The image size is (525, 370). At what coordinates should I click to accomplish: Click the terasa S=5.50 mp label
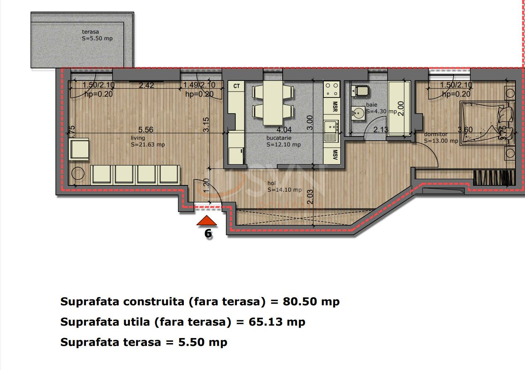(x=97, y=35)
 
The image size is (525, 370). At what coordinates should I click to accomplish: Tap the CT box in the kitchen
(x=237, y=86)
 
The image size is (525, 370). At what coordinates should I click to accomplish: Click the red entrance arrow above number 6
(x=207, y=221)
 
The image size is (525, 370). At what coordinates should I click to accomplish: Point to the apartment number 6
(x=208, y=234)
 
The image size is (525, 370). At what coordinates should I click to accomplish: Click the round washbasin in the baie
(x=358, y=112)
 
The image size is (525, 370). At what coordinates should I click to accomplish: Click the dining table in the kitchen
(x=273, y=102)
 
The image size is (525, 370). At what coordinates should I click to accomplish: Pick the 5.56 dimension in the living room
(x=146, y=130)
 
